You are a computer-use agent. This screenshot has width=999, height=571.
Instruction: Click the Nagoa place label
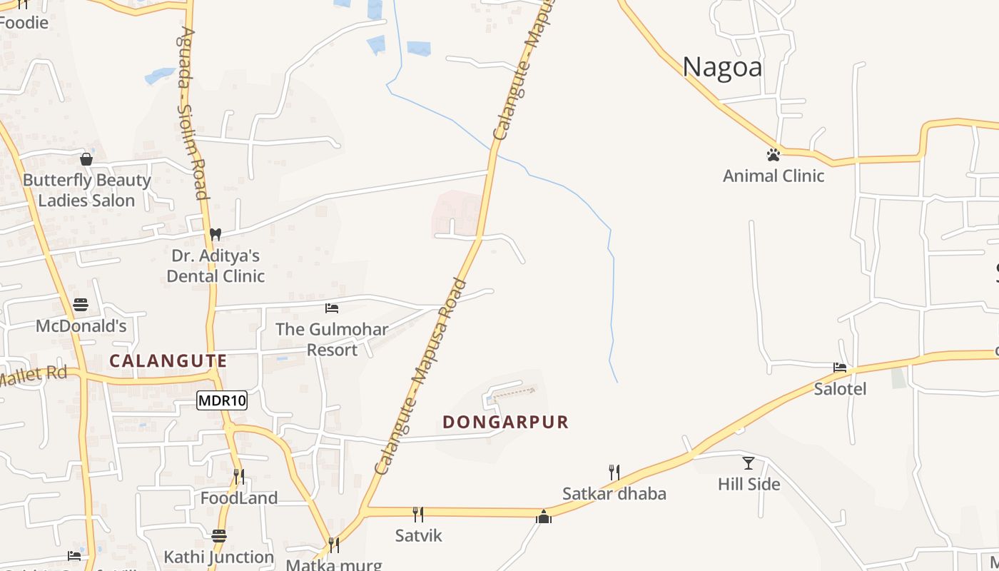coord(722,67)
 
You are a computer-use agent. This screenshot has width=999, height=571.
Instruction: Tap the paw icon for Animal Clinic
coord(773,154)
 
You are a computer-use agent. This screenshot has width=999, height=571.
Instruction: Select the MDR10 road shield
coord(222,400)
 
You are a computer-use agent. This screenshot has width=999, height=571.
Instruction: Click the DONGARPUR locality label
coord(505,422)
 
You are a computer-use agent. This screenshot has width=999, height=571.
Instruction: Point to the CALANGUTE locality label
coord(168,361)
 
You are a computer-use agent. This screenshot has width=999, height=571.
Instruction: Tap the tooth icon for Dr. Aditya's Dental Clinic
coord(215,233)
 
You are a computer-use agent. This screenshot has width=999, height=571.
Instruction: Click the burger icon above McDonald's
coord(81,305)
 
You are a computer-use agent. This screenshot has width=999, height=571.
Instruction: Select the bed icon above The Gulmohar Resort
coord(332,308)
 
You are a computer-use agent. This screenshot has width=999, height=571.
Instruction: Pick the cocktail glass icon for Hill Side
coord(748,463)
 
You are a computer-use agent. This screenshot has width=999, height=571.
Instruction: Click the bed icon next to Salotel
coord(840,368)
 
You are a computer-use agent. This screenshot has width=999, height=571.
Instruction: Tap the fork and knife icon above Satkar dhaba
coord(614,472)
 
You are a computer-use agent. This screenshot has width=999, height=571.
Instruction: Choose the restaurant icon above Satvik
coord(418,514)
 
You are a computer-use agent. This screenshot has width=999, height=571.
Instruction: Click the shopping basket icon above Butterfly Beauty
coord(86,159)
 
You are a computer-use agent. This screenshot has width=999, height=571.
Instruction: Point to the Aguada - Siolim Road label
coord(193,114)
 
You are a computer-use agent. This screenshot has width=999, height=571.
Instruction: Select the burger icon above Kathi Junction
coord(218,535)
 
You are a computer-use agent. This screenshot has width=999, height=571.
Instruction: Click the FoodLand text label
coord(239,498)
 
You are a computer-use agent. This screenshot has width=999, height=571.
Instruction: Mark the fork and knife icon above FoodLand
coord(239,476)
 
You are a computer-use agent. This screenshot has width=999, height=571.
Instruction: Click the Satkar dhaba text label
coord(614,494)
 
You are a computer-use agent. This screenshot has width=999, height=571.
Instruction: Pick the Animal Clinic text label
coord(774,176)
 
